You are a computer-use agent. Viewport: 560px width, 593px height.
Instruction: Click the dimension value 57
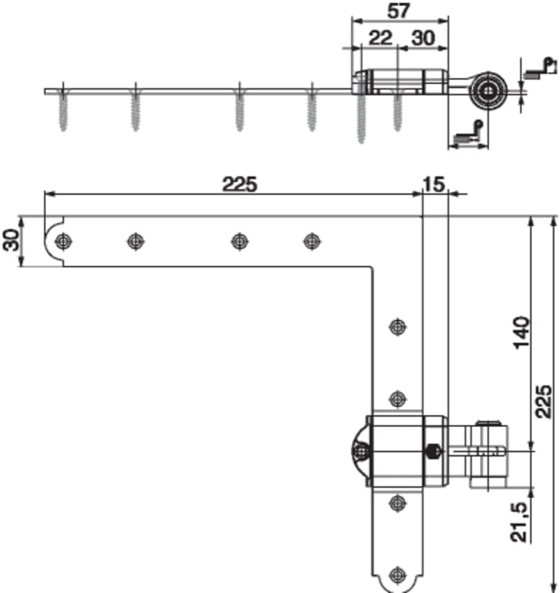(399, 11)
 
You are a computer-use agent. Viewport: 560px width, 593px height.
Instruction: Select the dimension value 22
(381, 38)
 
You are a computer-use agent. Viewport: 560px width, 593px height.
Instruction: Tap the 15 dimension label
(434, 185)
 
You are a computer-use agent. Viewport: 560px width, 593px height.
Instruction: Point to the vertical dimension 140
(521, 333)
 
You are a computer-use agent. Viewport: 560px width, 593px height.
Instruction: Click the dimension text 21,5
(518, 522)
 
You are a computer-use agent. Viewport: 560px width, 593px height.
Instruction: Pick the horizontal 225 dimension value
(239, 185)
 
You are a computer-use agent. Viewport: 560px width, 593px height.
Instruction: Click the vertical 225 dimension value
(544, 401)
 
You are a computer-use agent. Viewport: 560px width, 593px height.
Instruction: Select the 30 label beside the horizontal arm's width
(12, 240)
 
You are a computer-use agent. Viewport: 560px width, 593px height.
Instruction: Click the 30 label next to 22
(423, 38)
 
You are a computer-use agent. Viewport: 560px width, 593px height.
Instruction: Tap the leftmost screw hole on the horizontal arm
(63, 241)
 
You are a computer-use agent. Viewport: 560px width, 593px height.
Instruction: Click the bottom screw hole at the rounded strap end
(398, 575)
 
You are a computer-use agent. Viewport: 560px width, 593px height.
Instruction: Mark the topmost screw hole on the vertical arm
(398, 326)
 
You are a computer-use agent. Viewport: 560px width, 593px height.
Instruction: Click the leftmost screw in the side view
(63, 110)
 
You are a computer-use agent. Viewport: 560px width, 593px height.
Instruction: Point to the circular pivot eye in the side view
(487, 90)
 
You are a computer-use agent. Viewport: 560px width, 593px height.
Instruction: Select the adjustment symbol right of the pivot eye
(540, 68)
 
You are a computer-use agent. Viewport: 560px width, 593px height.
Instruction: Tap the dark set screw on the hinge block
(434, 451)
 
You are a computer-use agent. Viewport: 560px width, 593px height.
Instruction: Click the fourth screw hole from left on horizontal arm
(312, 241)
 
